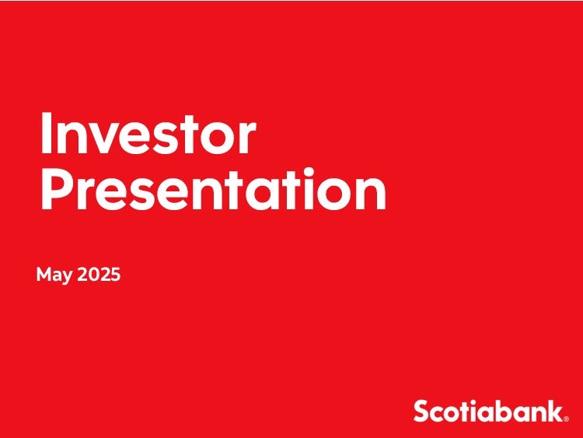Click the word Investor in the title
[x=148, y=132]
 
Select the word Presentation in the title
[x=214, y=189]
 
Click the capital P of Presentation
[x=56, y=188]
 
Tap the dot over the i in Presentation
[x=308, y=172]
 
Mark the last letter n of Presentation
[x=372, y=194]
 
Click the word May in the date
[x=54, y=275]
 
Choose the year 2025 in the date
[x=99, y=275]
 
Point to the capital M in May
[x=44, y=274]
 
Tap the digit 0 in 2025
[x=94, y=275]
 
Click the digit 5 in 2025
[x=116, y=275]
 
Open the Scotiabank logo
[x=490, y=411]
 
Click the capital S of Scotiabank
[x=421, y=411]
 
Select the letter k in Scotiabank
[x=554, y=411]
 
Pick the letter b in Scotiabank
[x=500, y=411]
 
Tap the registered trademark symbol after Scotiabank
[x=566, y=419]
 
